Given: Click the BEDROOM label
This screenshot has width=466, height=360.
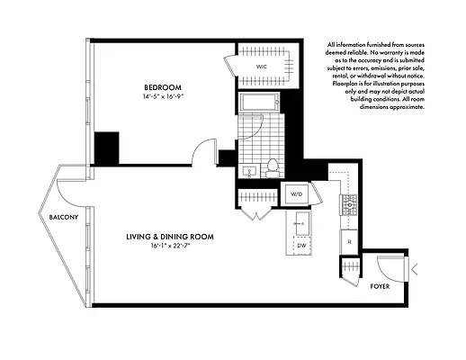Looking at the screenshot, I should pos(163,87).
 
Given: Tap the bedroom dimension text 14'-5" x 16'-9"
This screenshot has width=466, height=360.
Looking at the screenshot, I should pos(163,97).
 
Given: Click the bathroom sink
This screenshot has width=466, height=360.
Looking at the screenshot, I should pos(248,169).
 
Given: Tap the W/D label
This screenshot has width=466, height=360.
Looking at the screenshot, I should pos(296,193).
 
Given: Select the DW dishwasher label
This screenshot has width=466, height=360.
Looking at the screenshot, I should pos(302,244).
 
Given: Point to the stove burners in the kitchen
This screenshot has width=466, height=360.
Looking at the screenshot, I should pos(348,206).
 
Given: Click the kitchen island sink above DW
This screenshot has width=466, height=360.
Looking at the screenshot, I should pos(302,220).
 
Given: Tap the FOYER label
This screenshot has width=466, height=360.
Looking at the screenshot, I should pos(381,286).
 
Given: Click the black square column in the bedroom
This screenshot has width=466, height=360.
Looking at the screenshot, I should pos(107,146).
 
